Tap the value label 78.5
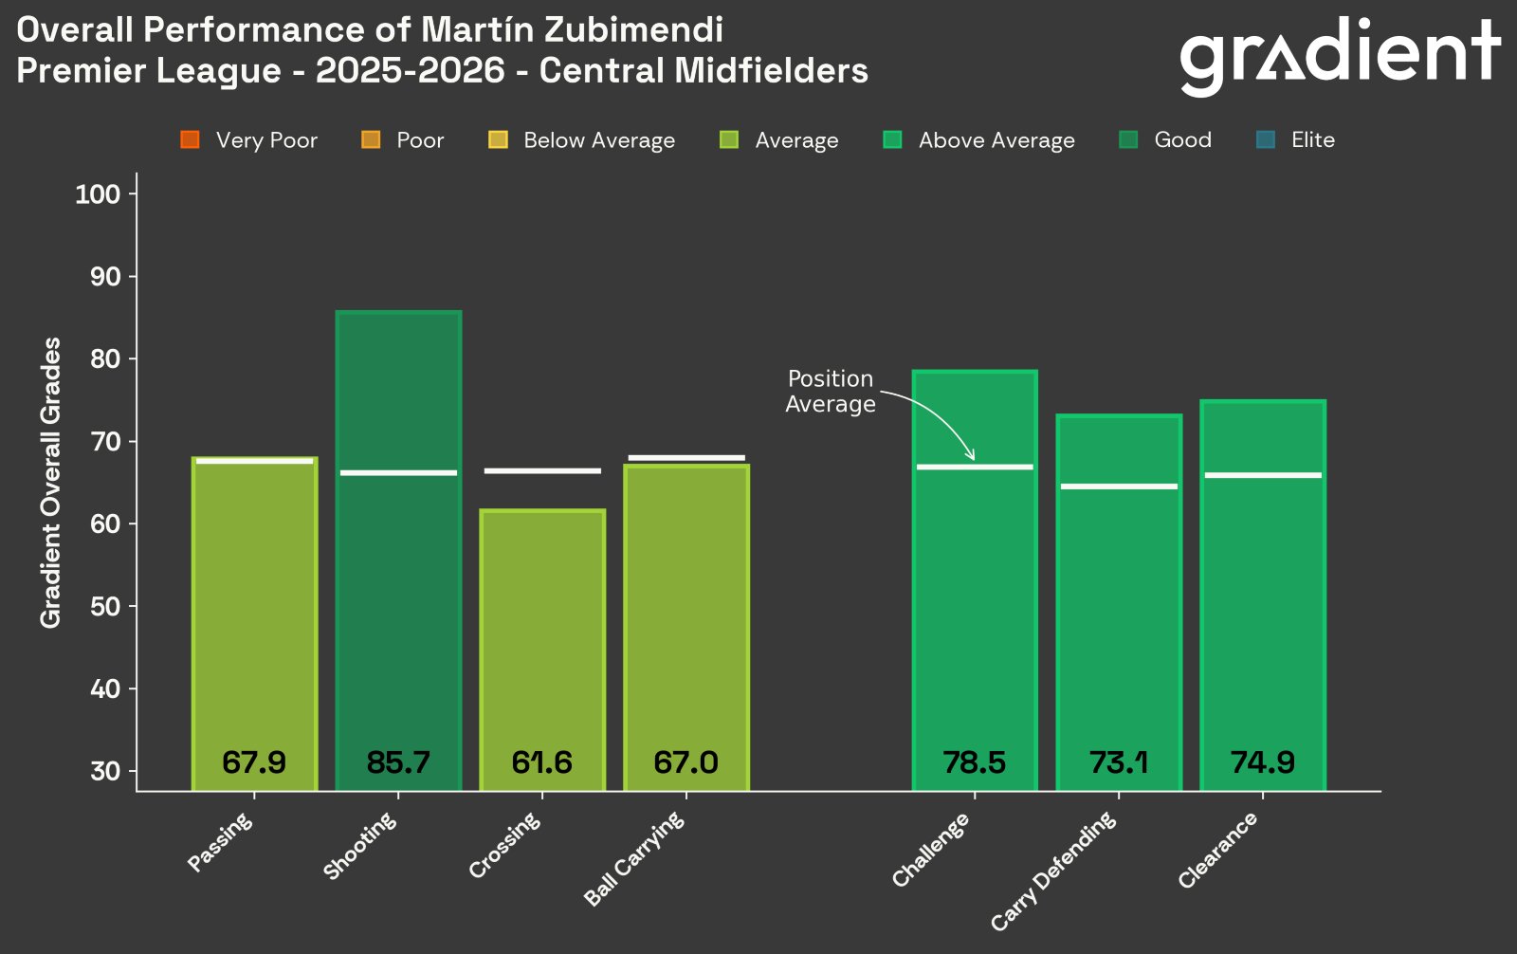(x=974, y=762)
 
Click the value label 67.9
(x=254, y=762)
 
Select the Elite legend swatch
(x=1265, y=140)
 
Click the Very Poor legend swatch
(x=190, y=140)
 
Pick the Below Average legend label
(x=599, y=140)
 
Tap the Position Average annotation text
(x=831, y=391)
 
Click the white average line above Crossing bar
(x=542, y=470)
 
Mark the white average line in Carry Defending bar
(x=1119, y=486)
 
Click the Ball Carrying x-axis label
(x=633, y=859)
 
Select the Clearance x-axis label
(x=1217, y=851)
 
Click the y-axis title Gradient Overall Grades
(x=50, y=482)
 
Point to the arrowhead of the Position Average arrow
(x=971, y=457)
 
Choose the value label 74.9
(x=1262, y=762)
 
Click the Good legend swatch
(x=1128, y=140)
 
